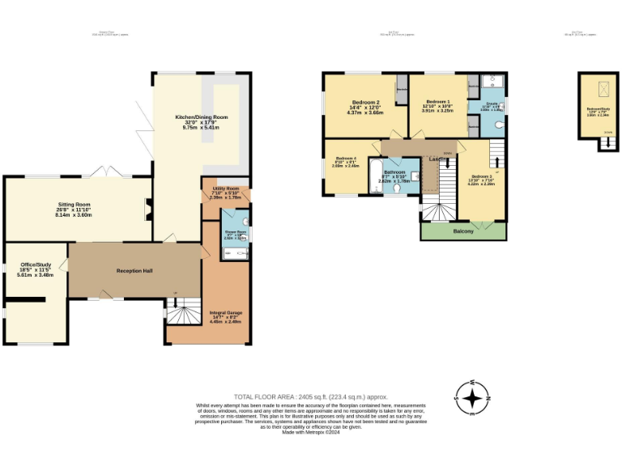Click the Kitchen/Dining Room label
click(x=202, y=117)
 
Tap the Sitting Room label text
click(x=73, y=205)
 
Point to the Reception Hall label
click(x=134, y=270)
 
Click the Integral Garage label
click(x=225, y=312)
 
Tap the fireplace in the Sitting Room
click(x=147, y=210)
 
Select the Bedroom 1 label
click(x=437, y=102)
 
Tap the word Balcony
click(x=462, y=231)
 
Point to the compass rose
click(x=475, y=399)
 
